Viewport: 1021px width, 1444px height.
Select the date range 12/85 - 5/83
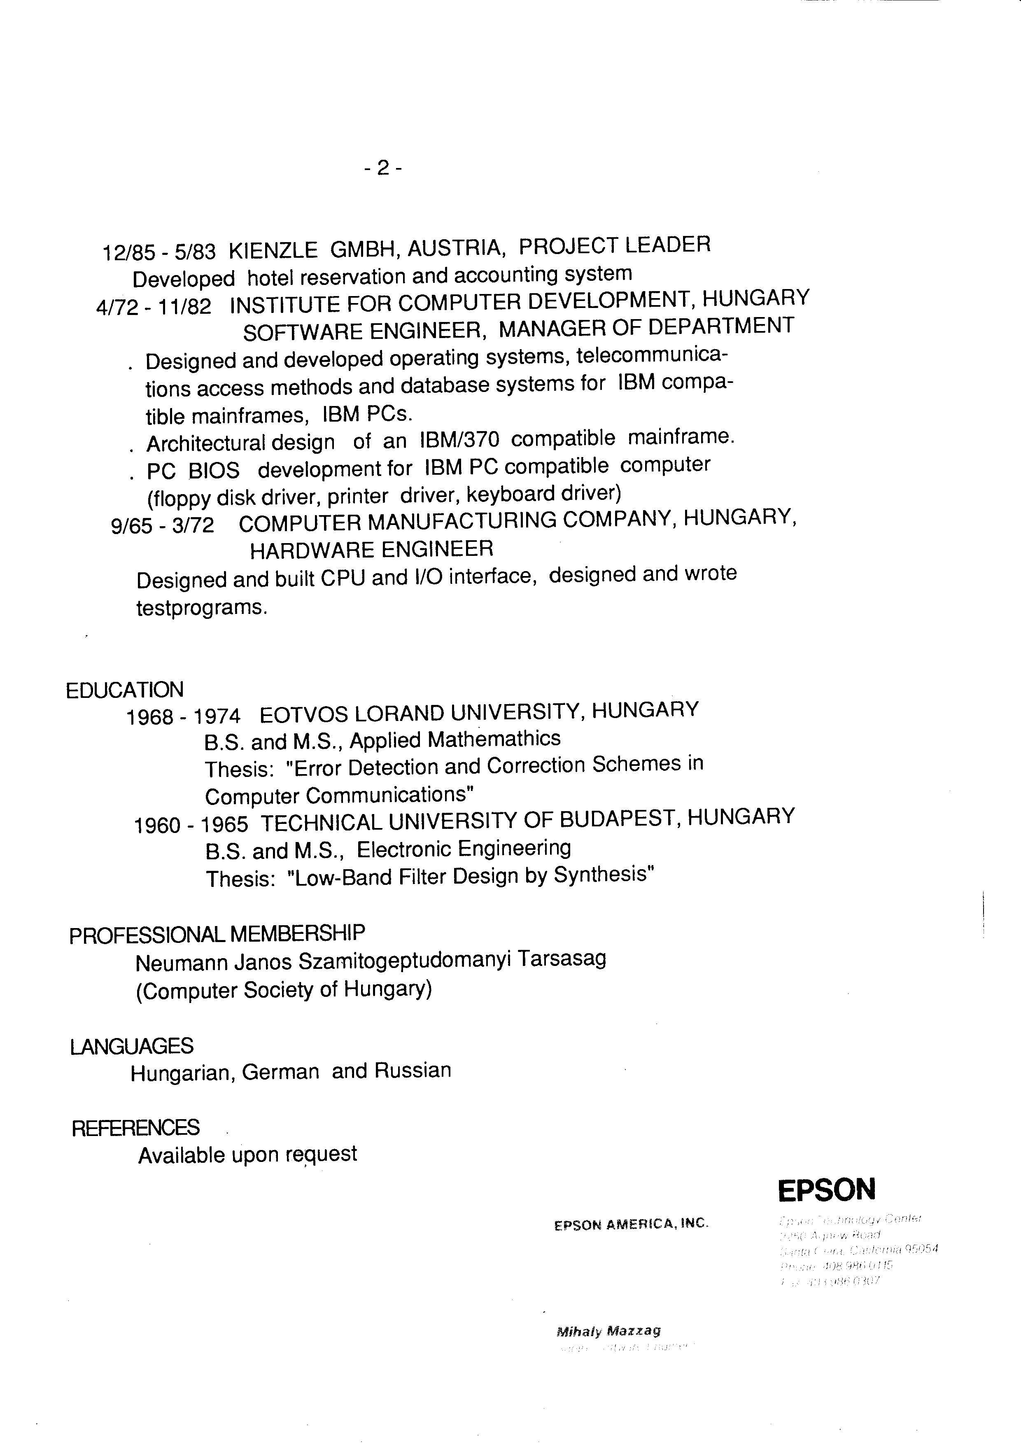pyautogui.click(x=159, y=252)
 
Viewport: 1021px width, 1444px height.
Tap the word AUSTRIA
pyautogui.click(x=457, y=248)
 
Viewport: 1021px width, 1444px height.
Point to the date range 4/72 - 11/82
pyautogui.click(x=154, y=307)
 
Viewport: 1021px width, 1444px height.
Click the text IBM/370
pyautogui.click(x=459, y=439)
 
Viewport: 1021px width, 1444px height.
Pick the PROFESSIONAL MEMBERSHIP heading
pyautogui.click(x=217, y=934)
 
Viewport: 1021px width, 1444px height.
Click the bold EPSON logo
pyautogui.click(x=826, y=1190)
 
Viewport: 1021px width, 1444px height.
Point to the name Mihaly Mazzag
pyautogui.click(x=608, y=1331)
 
